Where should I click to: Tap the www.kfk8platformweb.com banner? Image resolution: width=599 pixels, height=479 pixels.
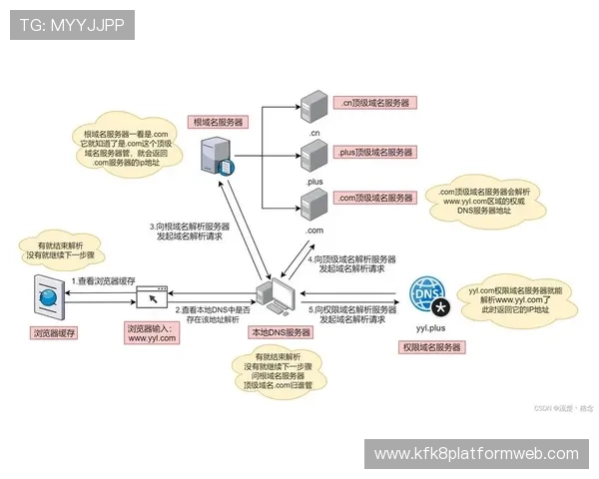coord(475,454)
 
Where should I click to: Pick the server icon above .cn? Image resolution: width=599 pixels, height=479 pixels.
coord(314,103)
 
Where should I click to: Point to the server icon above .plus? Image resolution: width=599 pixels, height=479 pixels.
coord(314,156)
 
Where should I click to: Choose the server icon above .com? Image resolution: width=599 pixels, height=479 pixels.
coord(314,204)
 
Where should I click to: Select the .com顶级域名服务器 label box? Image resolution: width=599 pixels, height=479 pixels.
coord(375,199)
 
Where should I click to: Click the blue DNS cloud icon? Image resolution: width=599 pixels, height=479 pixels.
coord(426,295)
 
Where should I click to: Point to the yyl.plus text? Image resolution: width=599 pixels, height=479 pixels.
coord(429,327)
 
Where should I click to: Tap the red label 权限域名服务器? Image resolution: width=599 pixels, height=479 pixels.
coord(430,347)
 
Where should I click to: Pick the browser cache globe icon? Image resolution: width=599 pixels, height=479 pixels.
coord(46,296)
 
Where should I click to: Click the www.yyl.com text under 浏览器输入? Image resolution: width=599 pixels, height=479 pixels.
coord(152,339)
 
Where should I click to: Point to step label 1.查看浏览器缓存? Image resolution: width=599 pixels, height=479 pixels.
coord(103,283)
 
